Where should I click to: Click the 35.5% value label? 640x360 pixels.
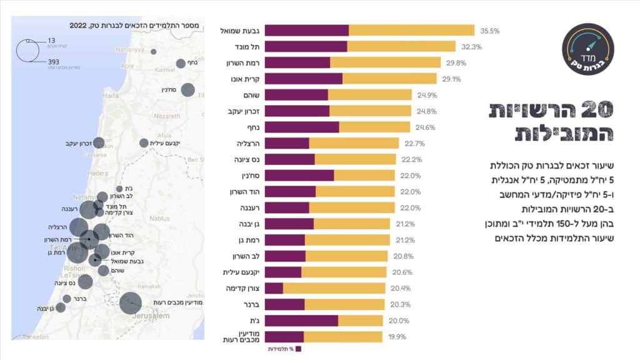pos(490,31)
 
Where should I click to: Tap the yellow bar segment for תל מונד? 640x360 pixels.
pos(401,47)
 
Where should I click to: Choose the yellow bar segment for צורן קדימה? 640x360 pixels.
pos(334,288)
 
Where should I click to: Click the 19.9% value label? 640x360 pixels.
pos(397,337)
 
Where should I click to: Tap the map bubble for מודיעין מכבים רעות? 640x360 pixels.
pos(130,304)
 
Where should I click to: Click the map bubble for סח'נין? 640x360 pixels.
pos(187,90)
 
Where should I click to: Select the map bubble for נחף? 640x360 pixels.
pos(181,63)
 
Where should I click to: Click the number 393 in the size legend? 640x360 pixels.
pos(55,62)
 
